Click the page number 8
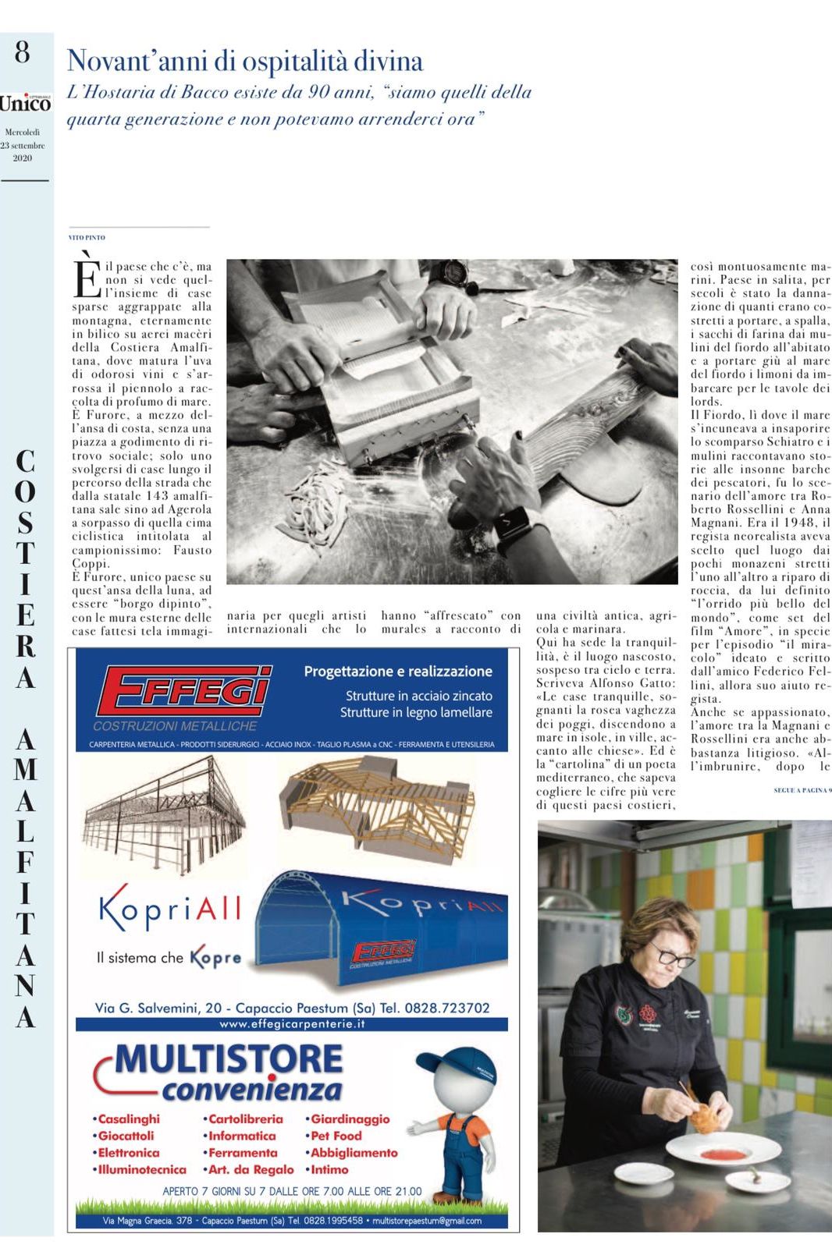coord(23,52)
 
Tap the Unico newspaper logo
coord(25,103)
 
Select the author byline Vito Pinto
coord(87,237)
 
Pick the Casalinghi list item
coord(126,1119)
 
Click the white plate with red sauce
coord(723,1150)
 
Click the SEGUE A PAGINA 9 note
coord(802,790)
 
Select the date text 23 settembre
coord(23,145)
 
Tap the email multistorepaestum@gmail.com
coord(427,1221)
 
